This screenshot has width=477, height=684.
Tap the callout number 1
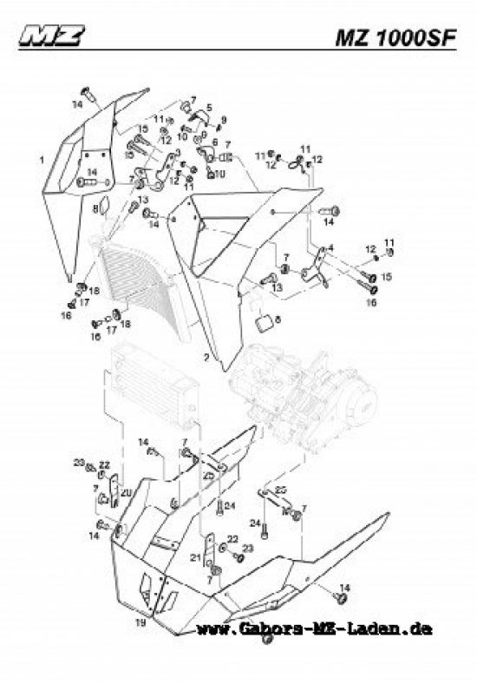(41, 161)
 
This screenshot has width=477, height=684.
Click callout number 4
(330, 248)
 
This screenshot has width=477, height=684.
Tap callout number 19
(139, 622)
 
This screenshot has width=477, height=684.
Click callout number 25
(280, 490)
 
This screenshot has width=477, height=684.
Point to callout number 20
(125, 492)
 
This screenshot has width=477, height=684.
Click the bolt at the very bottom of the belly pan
(268, 639)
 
